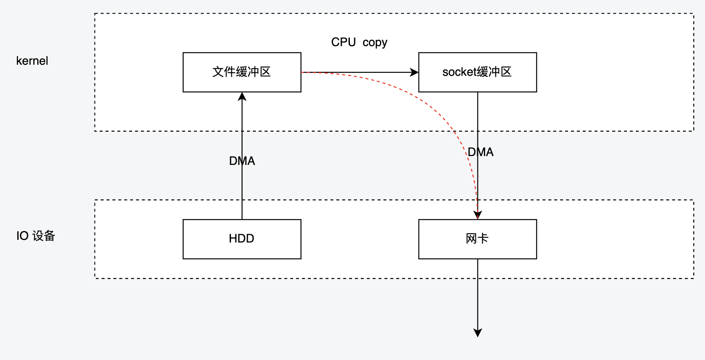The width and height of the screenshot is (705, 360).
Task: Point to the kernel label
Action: pos(32,61)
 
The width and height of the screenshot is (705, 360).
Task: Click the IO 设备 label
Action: pos(35,236)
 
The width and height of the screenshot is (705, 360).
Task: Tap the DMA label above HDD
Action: pos(242,161)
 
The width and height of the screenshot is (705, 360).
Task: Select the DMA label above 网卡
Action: pos(481,152)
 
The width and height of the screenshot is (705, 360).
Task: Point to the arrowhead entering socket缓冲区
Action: pos(414,72)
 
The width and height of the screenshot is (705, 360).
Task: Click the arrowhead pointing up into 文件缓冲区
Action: pos(242,97)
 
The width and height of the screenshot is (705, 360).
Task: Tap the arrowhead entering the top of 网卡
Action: pos(478,215)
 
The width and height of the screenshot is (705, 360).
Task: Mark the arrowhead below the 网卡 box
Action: pos(478,333)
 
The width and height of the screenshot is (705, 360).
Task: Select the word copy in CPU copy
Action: pos(375,43)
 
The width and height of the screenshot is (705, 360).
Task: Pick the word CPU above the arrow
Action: pos(343,42)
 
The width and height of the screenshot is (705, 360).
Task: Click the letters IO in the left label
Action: pos(22,236)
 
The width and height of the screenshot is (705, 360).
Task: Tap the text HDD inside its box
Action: pos(241,239)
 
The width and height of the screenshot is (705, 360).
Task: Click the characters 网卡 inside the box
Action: pos(477,239)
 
